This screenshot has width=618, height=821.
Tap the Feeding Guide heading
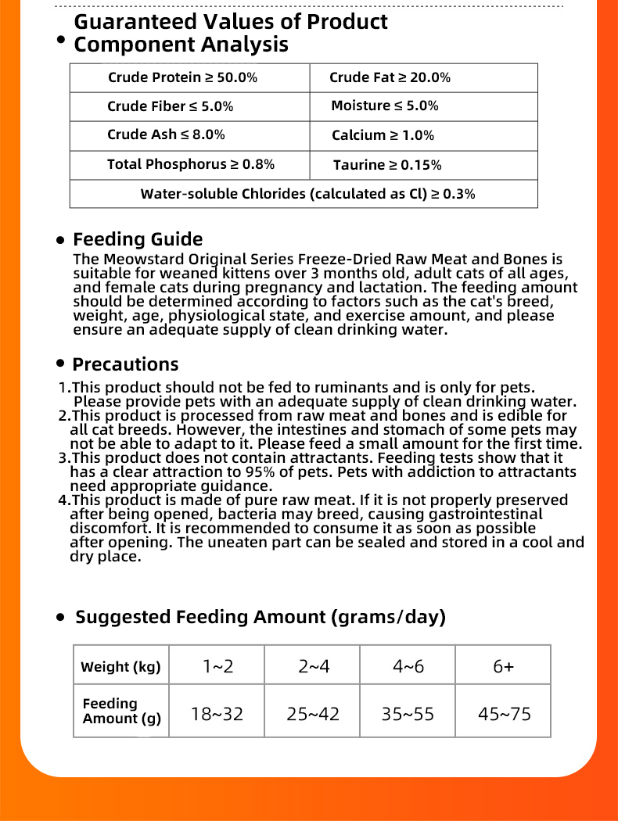click(x=138, y=239)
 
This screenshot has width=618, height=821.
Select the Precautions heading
click(x=125, y=364)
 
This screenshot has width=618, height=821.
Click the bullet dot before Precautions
click(x=60, y=364)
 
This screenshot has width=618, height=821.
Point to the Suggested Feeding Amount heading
click(x=260, y=617)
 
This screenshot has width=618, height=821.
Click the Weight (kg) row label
click(x=120, y=667)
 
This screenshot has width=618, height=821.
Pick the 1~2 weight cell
click(x=217, y=666)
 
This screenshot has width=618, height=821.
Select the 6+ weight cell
click(x=504, y=666)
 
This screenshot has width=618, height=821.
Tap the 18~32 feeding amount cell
click(x=217, y=713)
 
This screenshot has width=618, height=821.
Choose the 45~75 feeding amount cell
click(x=504, y=713)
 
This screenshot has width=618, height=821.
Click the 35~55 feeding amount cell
click(x=408, y=713)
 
